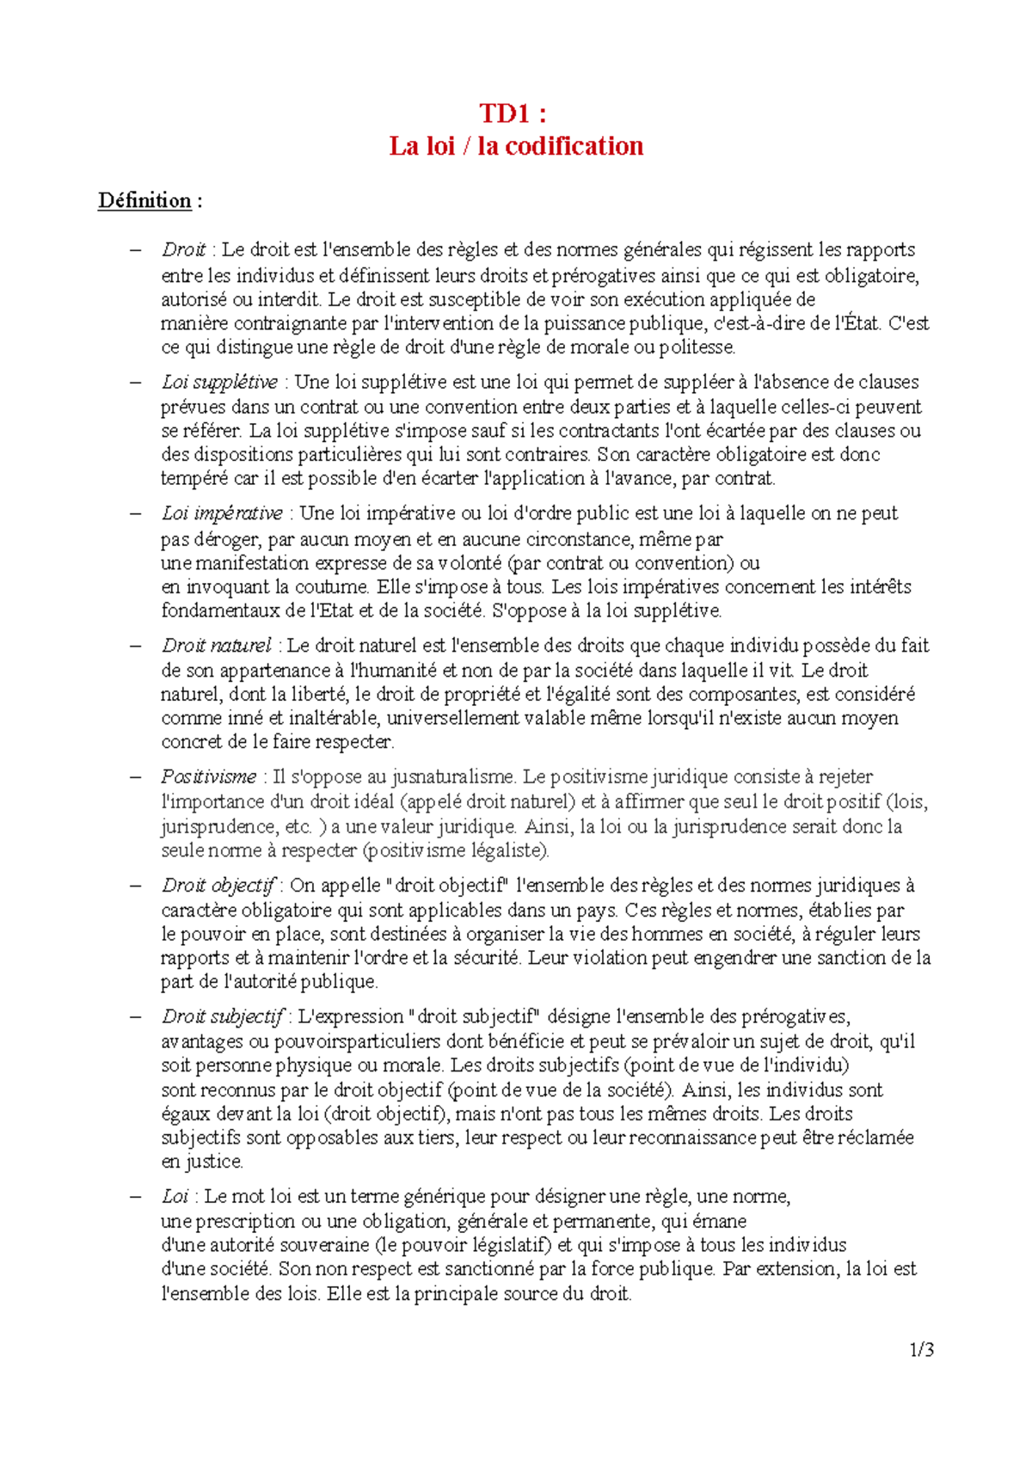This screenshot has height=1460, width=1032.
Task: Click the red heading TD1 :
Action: pyautogui.click(x=513, y=113)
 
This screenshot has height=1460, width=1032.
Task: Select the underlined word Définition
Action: pyautogui.click(x=144, y=200)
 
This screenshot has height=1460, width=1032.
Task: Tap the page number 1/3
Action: pyautogui.click(x=921, y=1349)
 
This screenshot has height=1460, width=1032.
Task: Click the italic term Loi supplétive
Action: pyautogui.click(x=219, y=382)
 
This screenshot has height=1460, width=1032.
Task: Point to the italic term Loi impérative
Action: pyautogui.click(x=222, y=513)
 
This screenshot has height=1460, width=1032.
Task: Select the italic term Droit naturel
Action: pyautogui.click(x=216, y=645)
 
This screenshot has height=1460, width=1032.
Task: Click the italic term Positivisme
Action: pyautogui.click(x=208, y=776)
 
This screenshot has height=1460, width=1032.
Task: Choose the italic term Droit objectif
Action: pyautogui.click(x=218, y=885)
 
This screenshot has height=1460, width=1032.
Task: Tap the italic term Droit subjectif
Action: pyautogui.click(x=222, y=1016)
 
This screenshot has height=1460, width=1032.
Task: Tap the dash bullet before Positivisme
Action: pyautogui.click(x=135, y=777)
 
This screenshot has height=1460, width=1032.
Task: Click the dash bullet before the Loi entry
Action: pyautogui.click(x=135, y=1197)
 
